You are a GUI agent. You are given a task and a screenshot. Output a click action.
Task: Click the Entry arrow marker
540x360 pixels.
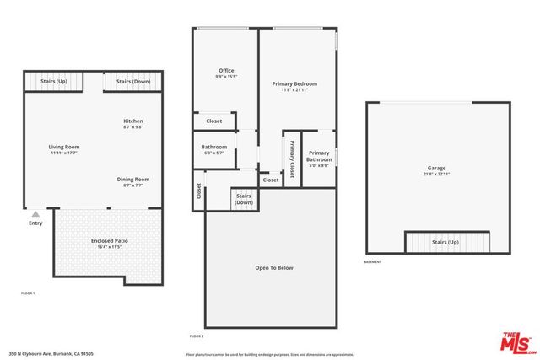click(x=35, y=214)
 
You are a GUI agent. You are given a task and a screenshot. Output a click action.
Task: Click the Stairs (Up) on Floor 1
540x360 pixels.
click(x=52, y=82)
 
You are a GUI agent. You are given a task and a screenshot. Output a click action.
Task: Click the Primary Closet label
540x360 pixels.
click(x=292, y=158)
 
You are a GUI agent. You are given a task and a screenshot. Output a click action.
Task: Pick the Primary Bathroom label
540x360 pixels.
click(x=318, y=157)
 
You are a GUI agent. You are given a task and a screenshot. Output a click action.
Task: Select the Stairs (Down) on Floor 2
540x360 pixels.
click(x=244, y=199)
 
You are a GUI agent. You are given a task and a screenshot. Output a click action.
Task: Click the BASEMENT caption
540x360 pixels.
click(x=373, y=262)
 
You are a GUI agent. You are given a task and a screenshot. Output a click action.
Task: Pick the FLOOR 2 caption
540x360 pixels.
click(x=197, y=336)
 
